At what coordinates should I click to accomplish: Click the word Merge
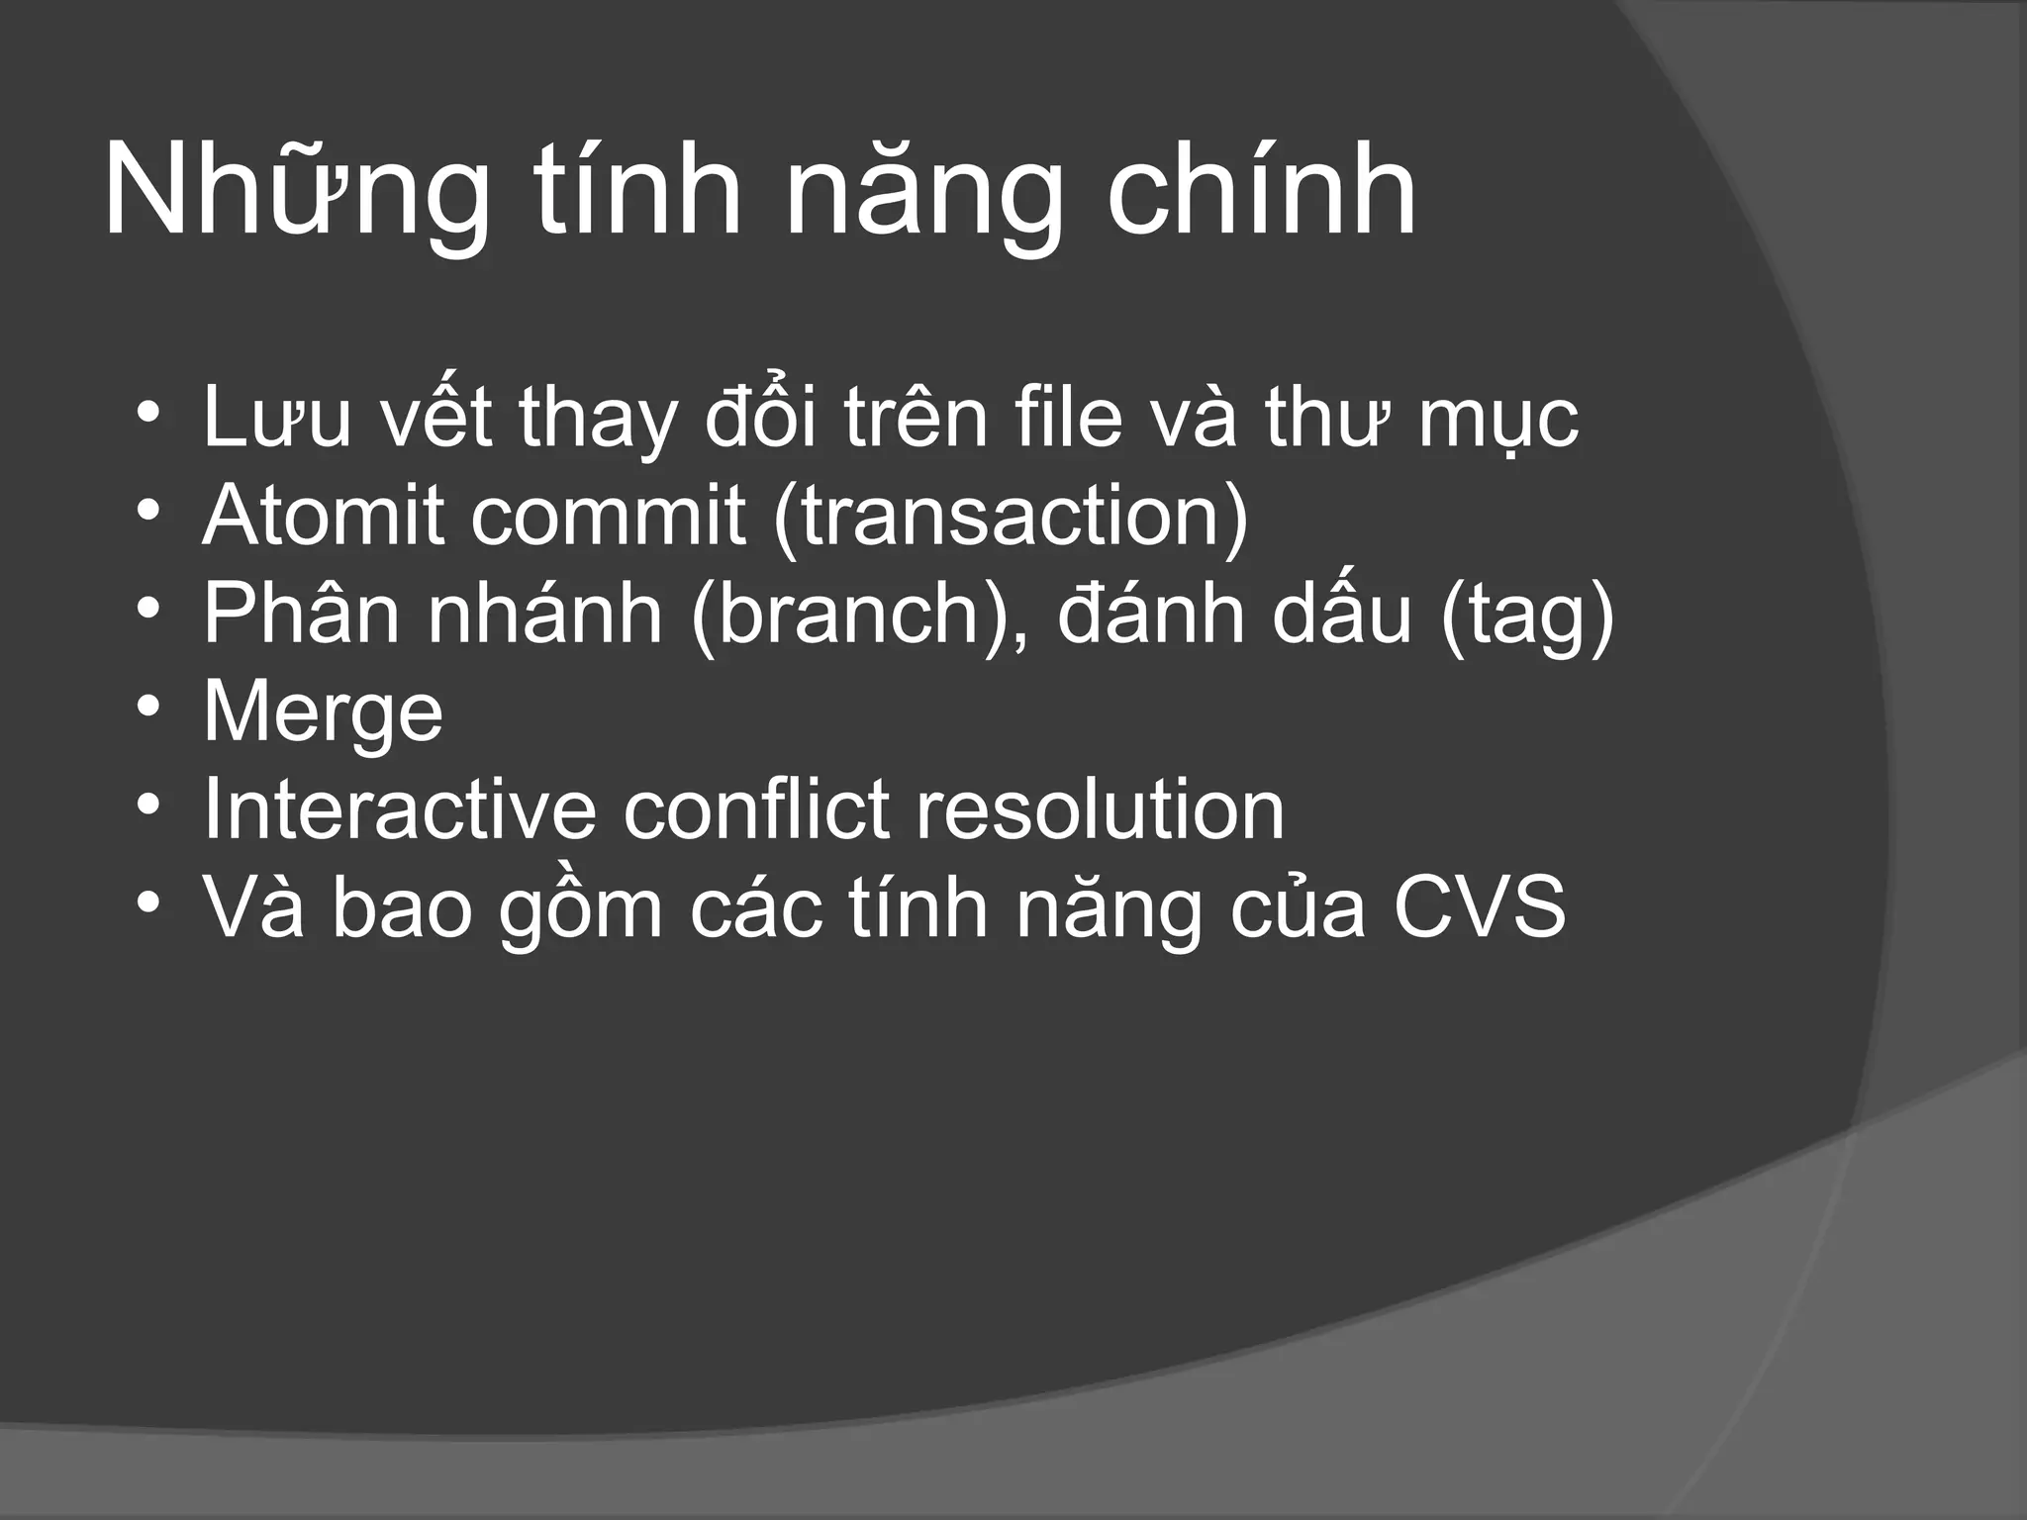pos(323,712)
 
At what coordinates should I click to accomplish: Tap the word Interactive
pos(400,809)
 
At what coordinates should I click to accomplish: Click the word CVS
pos(1480,906)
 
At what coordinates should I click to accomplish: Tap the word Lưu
pos(277,418)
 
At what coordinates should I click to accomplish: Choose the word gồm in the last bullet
pos(580,908)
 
